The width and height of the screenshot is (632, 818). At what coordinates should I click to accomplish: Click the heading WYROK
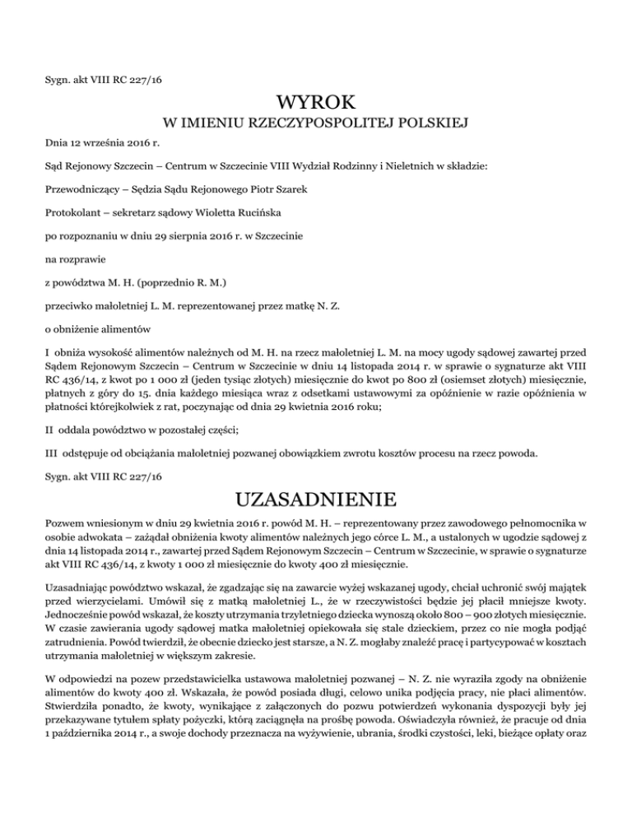316,103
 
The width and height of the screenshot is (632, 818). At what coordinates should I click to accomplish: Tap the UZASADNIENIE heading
316,500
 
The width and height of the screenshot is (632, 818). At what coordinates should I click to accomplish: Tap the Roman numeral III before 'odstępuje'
52,451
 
